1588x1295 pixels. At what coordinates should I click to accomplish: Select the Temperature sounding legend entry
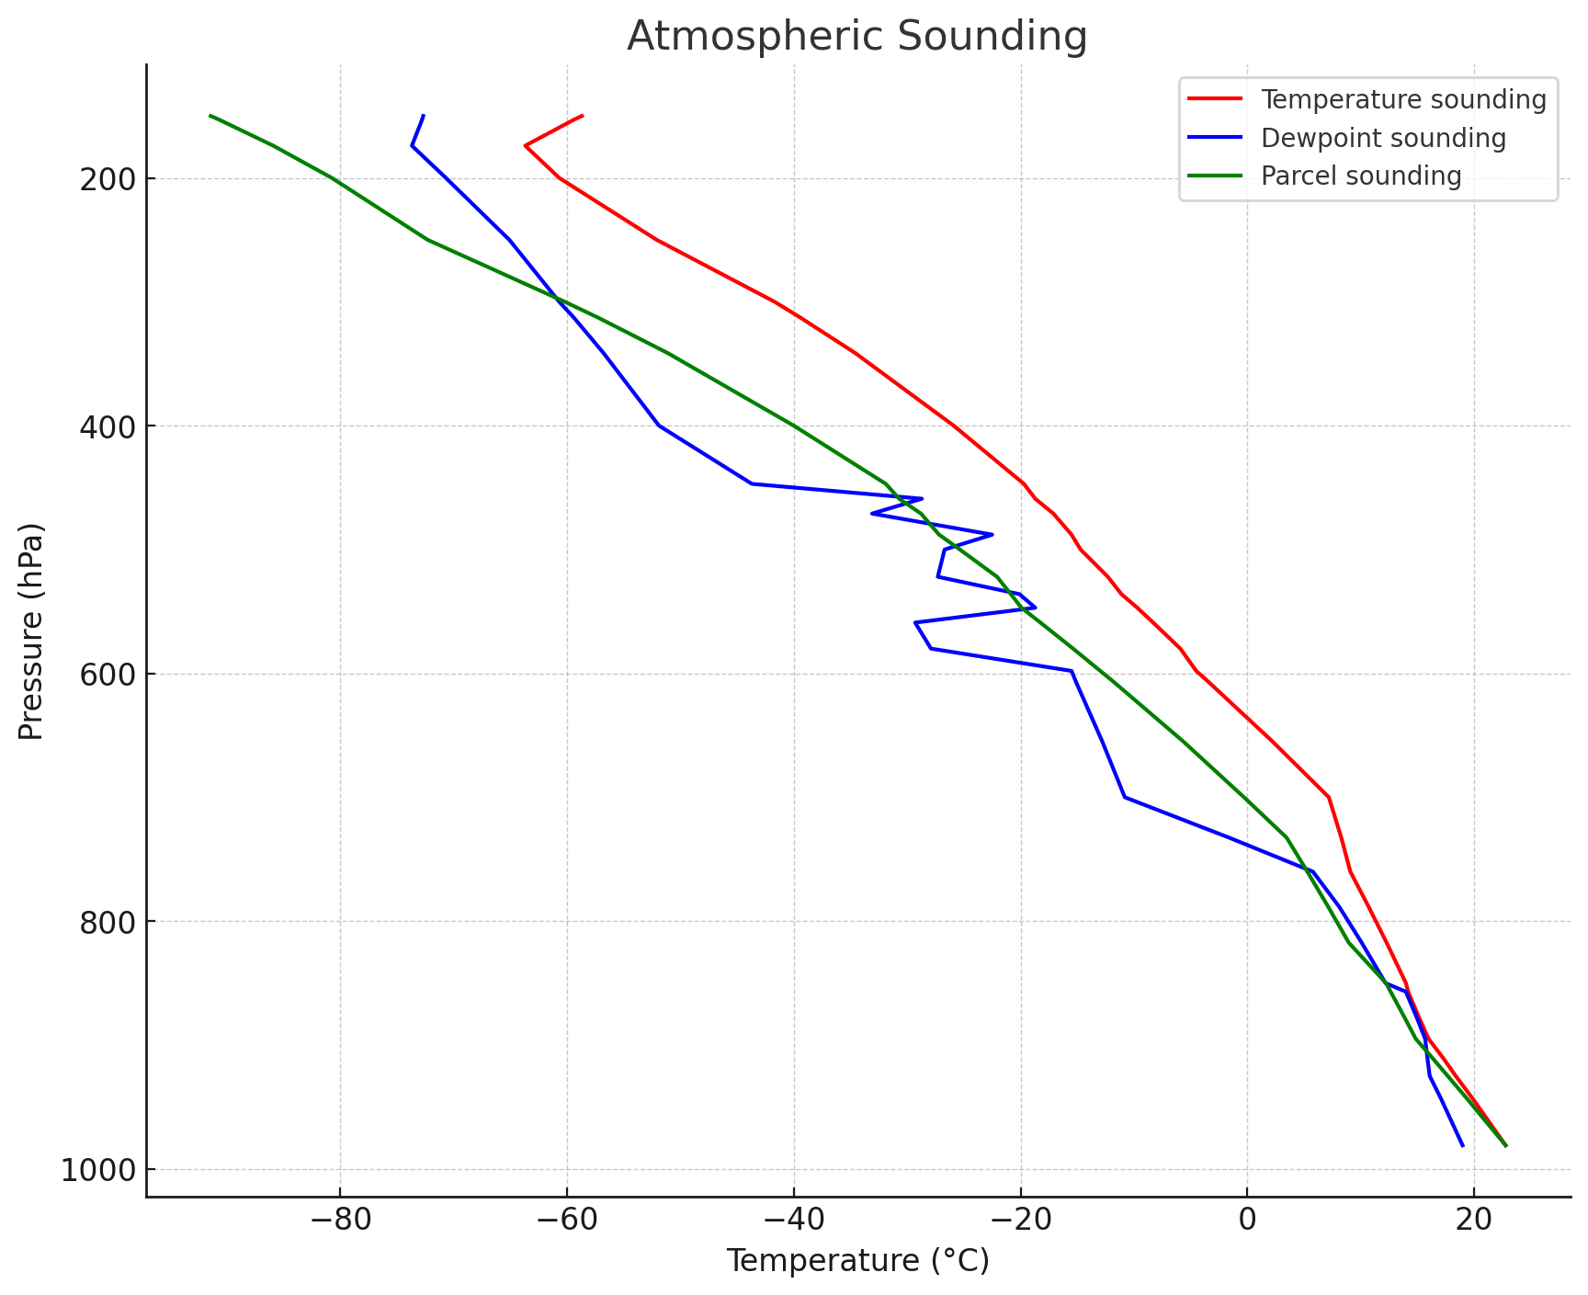(x=1403, y=100)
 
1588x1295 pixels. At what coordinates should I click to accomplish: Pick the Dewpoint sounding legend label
(x=1383, y=138)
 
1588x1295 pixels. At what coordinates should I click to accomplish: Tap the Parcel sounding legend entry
(x=1361, y=176)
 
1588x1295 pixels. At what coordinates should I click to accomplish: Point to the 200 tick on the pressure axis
(x=107, y=180)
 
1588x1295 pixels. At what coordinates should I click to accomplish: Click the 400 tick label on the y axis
(x=107, y=427)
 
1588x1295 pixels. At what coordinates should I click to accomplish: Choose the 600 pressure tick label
(x=107, y=675)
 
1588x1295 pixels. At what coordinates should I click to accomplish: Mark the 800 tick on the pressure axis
(x=107, y=922)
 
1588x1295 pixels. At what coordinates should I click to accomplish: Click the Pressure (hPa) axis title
(x=31, y=630)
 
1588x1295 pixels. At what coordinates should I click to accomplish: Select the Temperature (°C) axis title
(x=857, y=1262)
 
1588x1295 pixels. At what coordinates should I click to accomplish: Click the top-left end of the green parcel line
(x=210, y=116)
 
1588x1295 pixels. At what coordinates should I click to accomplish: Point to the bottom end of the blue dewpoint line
(x=1462, y=1146)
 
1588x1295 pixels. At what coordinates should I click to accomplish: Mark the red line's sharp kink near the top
(x=525, y=146)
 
